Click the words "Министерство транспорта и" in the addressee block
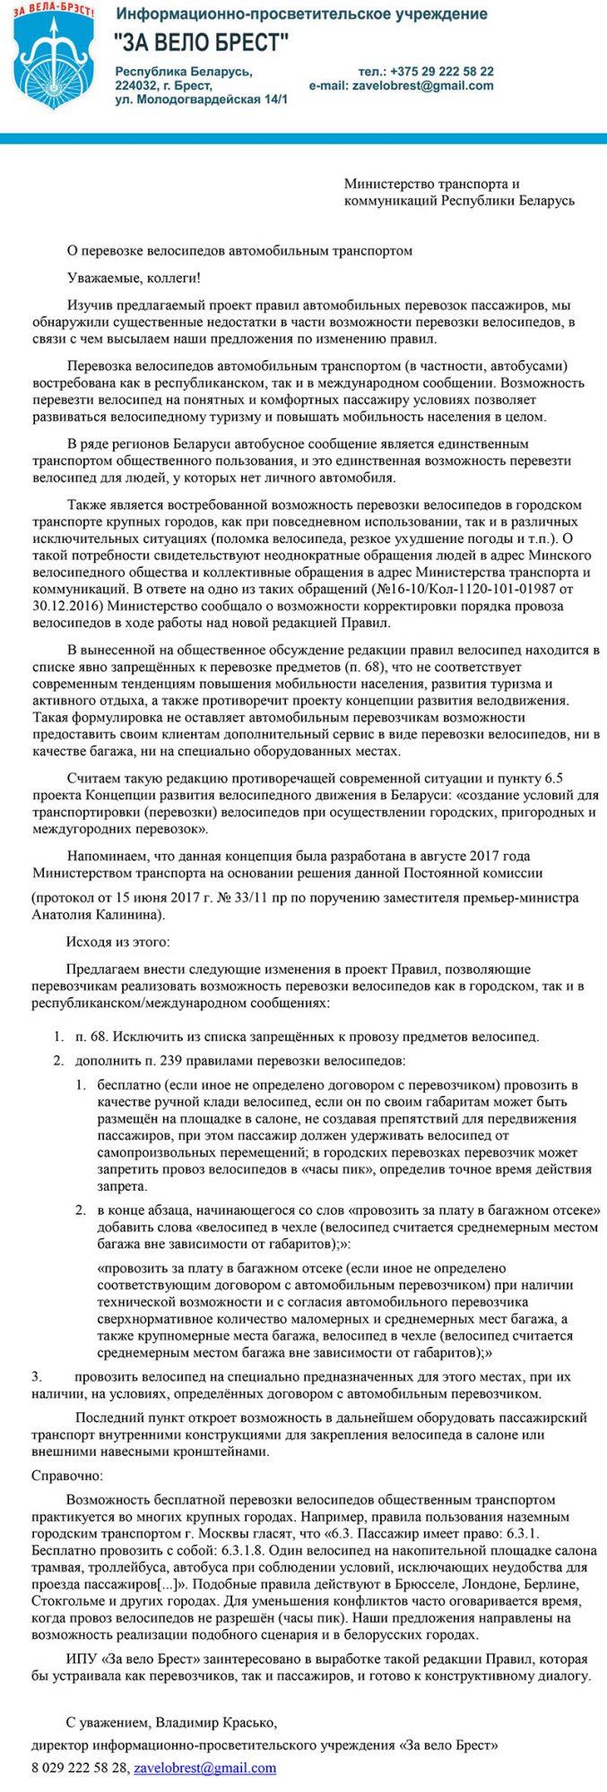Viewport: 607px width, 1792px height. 431,184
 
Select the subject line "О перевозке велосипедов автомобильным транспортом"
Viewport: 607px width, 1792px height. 240,251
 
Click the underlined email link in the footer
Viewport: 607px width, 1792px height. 204,1768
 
